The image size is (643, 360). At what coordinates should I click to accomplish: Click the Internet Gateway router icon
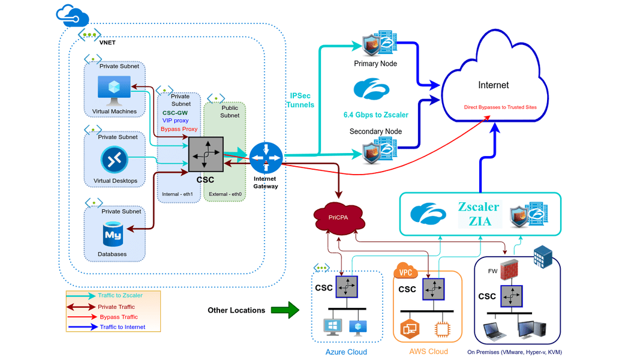click(x=266, y=157)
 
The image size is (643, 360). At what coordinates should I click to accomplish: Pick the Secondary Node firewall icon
click(x=376, y=151)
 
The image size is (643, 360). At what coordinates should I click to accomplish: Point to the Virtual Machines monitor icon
click(x=114, y=90)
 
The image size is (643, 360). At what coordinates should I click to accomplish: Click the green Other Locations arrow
click(x=284, y=310)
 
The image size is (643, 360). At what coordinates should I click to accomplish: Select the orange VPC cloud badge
click(x=405, y=272)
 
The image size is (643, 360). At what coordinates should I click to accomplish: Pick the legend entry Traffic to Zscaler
click(x=121, y=295)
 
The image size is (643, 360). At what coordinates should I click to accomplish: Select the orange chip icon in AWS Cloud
click(x=444, y=329)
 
